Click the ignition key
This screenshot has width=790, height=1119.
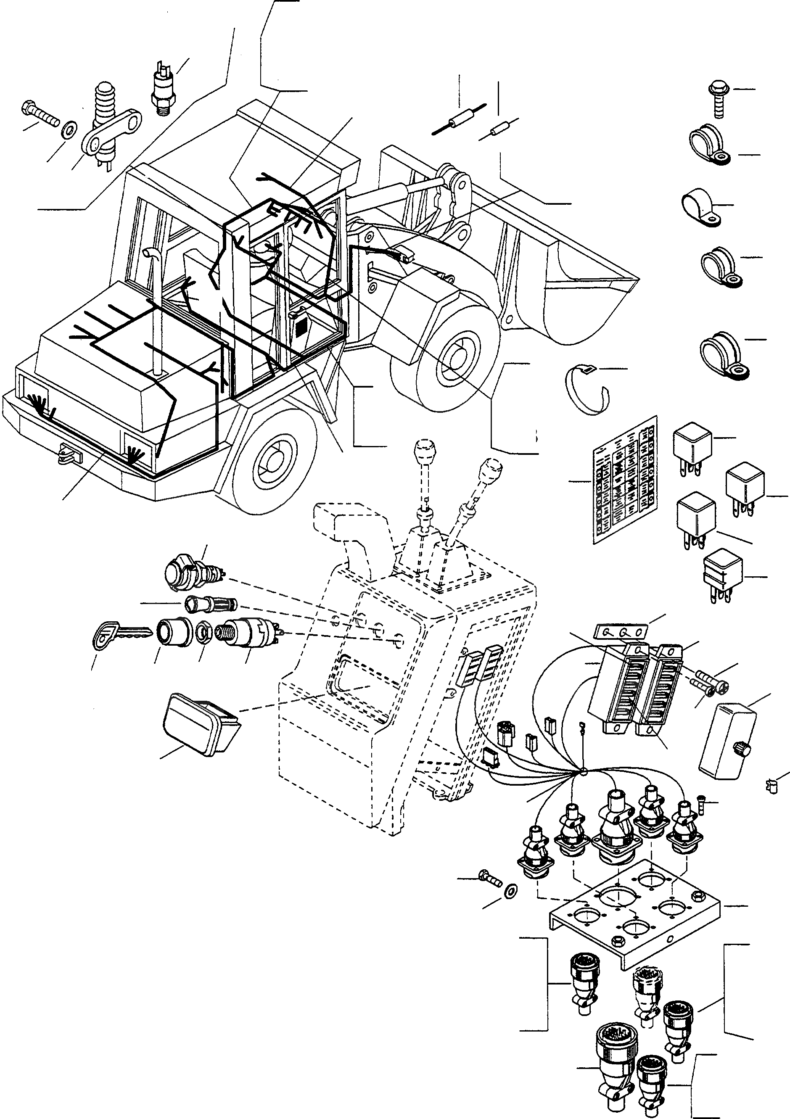coord(117,634)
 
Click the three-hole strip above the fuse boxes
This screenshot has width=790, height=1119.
coord(622,632)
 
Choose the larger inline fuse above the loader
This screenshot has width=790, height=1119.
coord(460,119)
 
